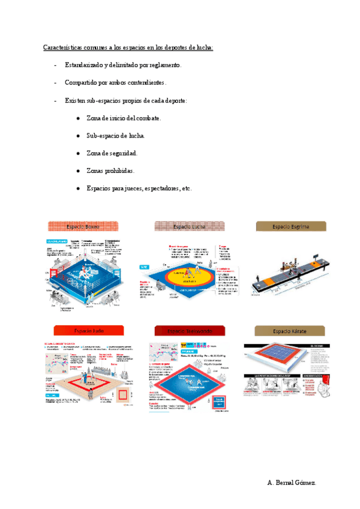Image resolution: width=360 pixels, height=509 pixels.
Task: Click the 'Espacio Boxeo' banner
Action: pyautogui.click(x=83, y=226)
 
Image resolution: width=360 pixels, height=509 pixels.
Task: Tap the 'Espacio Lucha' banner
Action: pyautogui.click(x=190, y=226)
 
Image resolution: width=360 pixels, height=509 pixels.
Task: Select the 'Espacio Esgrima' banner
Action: pyautogui.click(x=291, y=226)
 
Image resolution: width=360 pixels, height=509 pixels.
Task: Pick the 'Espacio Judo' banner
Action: pyautogui.click(x=88, y=331)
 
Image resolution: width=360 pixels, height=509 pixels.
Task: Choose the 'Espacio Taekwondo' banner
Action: pyautogui.click(x=190, y=331)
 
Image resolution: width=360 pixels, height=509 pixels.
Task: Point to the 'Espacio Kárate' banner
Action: pyautogui.click(x=291, y=331)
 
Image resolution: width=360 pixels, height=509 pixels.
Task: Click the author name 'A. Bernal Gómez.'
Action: pyautogui.click(x=292, y=483)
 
